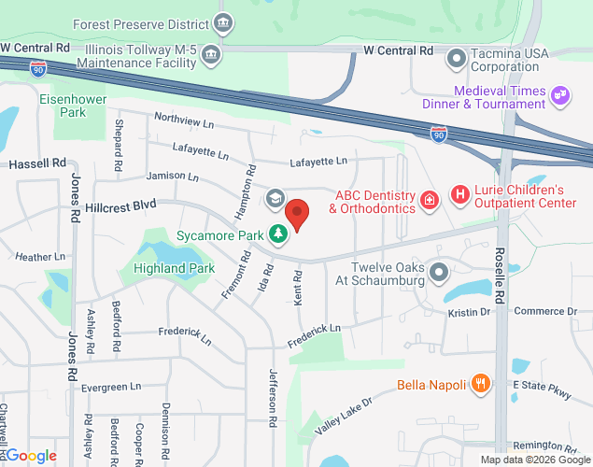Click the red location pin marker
pyautogui.click(x=297, y=214)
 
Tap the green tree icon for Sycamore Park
pyautogui.click(x=277, y=234)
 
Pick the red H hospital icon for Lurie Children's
pyautogui.click(x=459, y=195)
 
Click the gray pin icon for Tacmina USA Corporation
pyautogui.click(x=456, y=59)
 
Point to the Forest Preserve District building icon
pyautogui.click(x=222, y=21)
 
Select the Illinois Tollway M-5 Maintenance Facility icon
pyautogui.click(x=212, y=52)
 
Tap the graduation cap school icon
pyautogui.click(x=275, y=198)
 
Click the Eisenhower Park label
pyautogui.click(x=63, y=105)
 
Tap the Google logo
pyautogui.click(x=32, y=455)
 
